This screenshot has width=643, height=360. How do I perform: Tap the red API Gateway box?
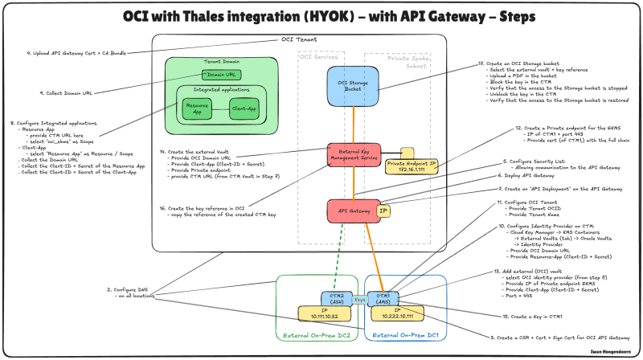351,211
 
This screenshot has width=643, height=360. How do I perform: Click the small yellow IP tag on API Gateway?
384,211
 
